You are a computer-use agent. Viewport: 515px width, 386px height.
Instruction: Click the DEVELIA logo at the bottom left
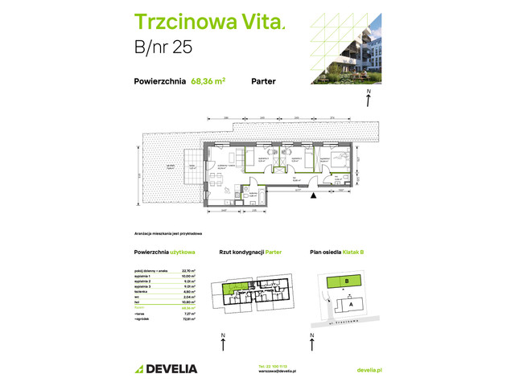coord(166,368)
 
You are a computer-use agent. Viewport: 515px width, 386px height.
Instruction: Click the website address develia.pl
coord(368,369)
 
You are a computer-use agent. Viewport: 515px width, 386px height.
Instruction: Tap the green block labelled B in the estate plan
coord(345,281)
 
